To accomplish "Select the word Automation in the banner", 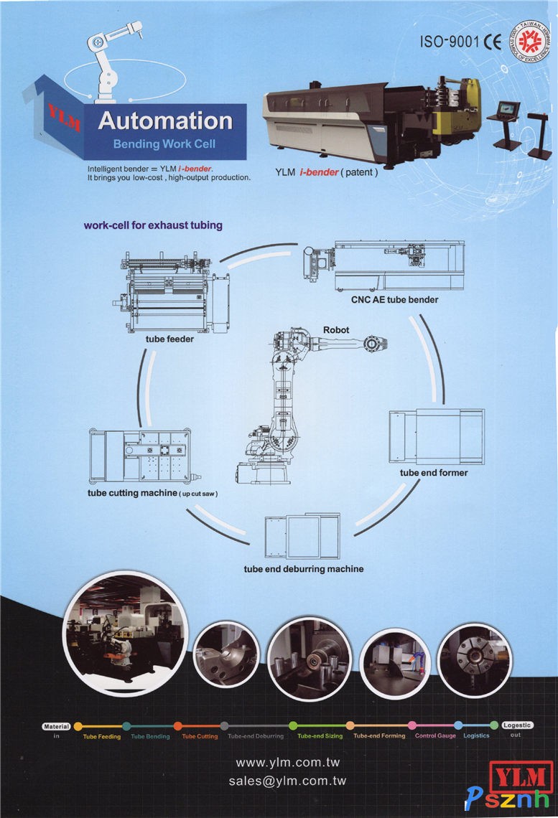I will coord(165,121).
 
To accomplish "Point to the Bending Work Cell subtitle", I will coord(164,144).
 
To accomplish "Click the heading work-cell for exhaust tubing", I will coord(153,225).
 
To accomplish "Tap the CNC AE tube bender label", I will coord(394,299).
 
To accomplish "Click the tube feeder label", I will coord(169,339).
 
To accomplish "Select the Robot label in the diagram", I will coord(336,329).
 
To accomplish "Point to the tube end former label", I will coord(434,473).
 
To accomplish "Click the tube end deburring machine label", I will coord(304,569).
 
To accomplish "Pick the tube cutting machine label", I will coord(152,494).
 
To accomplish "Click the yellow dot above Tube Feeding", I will coord(78,726).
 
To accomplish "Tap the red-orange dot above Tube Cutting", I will coord(178,726).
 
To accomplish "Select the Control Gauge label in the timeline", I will coord(435,736).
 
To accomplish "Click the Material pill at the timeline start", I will coord(56,726).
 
